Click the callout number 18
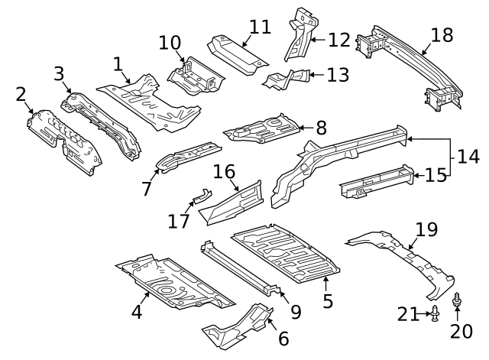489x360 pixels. pyautogui.click(x=442, y=35)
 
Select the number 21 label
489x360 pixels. pyautogui.click(x=409, y=313)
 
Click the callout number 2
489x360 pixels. pyautogui.click(x=21, y=94)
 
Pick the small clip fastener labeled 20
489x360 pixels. pyautogui.click(x=458, y=300)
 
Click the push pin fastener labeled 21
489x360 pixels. pyautogui.click(x=435, y=313)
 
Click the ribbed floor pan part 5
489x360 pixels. pyautogui.click(x=287, y=252)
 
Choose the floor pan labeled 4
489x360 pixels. pyautogui.click(x=172, y=283)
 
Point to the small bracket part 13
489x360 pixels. pyautogui.click(x=287, y=79)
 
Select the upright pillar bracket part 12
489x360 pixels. pyautogui.click(x=298, y=34)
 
